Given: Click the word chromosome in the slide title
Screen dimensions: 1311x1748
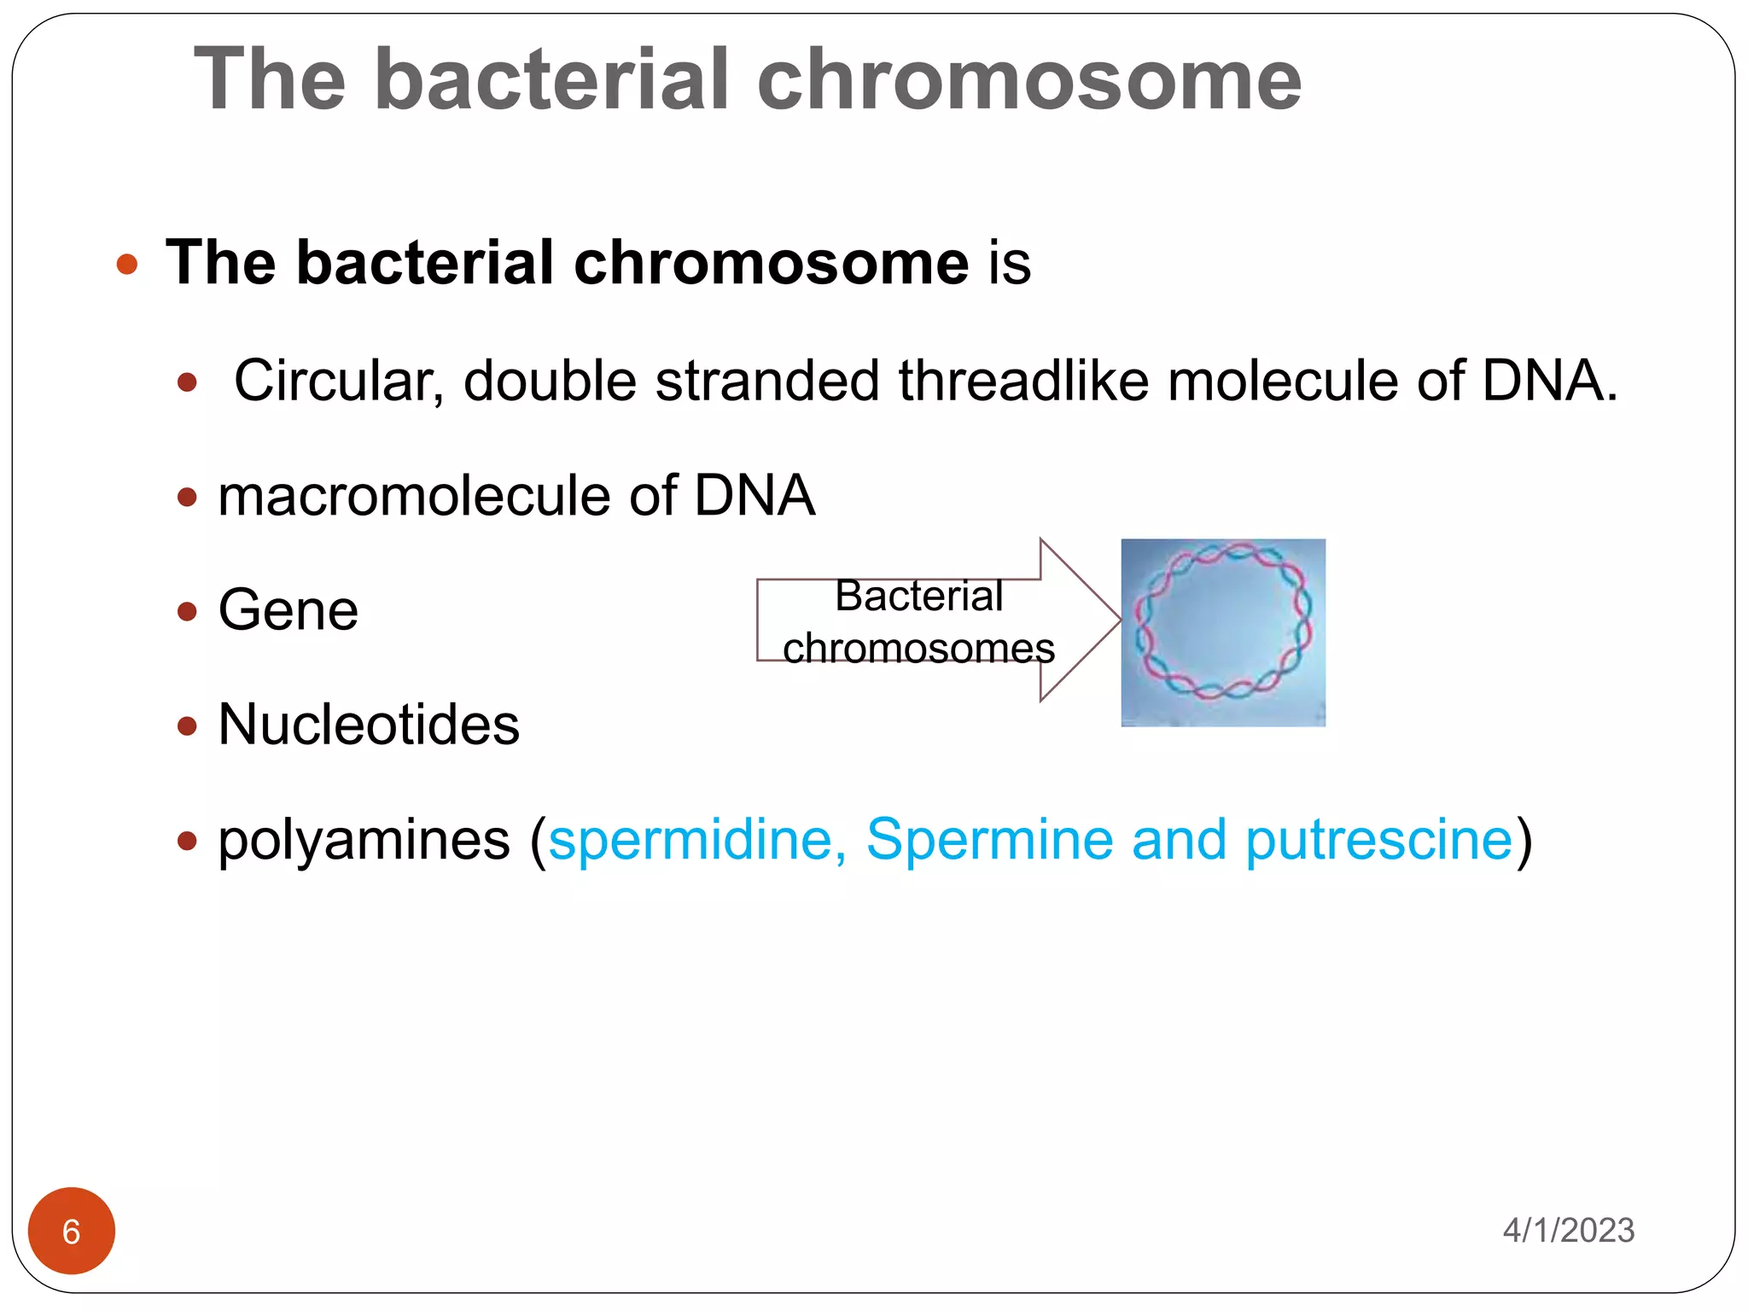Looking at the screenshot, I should click(1028, 79).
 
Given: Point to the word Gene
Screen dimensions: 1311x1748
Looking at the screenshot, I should click(288, 610).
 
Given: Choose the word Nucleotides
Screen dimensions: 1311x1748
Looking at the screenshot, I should click(369, 725).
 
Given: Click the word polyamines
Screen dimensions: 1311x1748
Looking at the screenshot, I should click(364, 841).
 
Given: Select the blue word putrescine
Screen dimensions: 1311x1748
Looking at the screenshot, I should click(1378, 841).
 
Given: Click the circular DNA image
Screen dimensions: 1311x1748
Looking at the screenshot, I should click(1223, 632).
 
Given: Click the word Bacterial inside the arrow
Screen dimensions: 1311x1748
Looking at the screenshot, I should click(918, 596).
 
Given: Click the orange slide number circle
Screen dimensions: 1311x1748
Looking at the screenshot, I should click(72, 1231).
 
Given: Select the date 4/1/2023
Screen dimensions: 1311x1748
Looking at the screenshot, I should click(1568, 1231).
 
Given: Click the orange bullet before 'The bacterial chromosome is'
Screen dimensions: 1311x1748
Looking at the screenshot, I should click(127, 264).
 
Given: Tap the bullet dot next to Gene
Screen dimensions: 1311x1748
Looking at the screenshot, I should click(187, 611).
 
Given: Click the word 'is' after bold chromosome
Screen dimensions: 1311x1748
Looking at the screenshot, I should click(1010, 263).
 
